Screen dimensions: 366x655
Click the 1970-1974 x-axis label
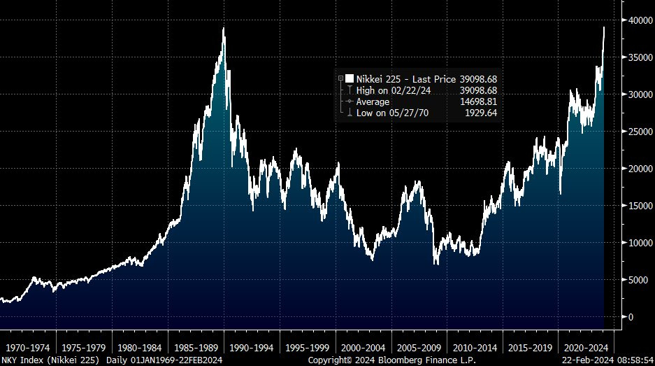(x=28, y=346)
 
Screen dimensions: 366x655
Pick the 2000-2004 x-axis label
(x=363, y=346)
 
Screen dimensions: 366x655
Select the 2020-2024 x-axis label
(x=586, y=346)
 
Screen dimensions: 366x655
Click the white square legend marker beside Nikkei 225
(x=349, y=79)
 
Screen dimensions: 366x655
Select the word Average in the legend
(x=373, y=101)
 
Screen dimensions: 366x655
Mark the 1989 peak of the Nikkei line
(x=224, y=29)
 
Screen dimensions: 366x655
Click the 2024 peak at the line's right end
(x=604, y=27)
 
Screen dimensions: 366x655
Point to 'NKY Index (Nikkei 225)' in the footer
(x=50, y=360)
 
